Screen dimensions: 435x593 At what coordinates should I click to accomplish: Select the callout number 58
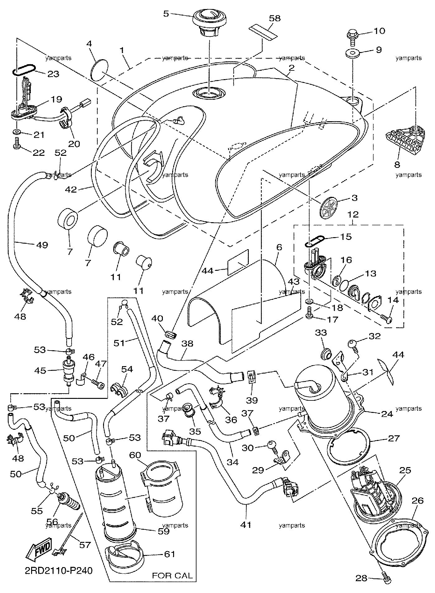tap(274, 18)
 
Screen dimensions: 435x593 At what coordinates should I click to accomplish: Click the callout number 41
tap(246, 525)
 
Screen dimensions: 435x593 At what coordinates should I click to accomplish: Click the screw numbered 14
tap(386, 318)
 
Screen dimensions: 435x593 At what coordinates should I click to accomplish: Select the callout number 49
tap(42, 245)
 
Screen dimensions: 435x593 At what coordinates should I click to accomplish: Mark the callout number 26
tap(418, 500)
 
